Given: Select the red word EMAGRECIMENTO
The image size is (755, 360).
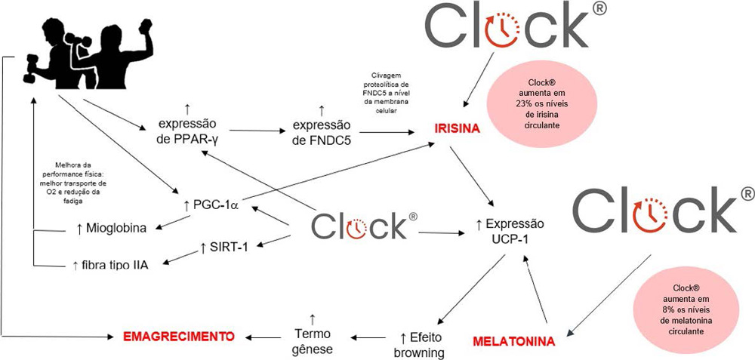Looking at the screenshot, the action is pos(180,335).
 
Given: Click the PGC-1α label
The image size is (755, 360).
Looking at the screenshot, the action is pos(208,206).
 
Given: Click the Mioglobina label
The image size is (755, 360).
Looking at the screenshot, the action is pos(111,228).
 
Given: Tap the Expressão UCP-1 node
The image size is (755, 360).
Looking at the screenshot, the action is pos(510,230).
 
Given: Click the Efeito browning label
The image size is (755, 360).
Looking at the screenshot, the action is pos(418,344).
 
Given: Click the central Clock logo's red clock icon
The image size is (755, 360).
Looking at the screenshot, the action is pos(356,226).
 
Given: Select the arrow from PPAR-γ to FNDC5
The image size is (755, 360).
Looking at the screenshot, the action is pos(257,131).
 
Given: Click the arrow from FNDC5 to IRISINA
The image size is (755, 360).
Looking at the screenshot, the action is pos(387,132).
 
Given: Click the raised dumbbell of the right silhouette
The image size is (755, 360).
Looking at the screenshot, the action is pos(145,26).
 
